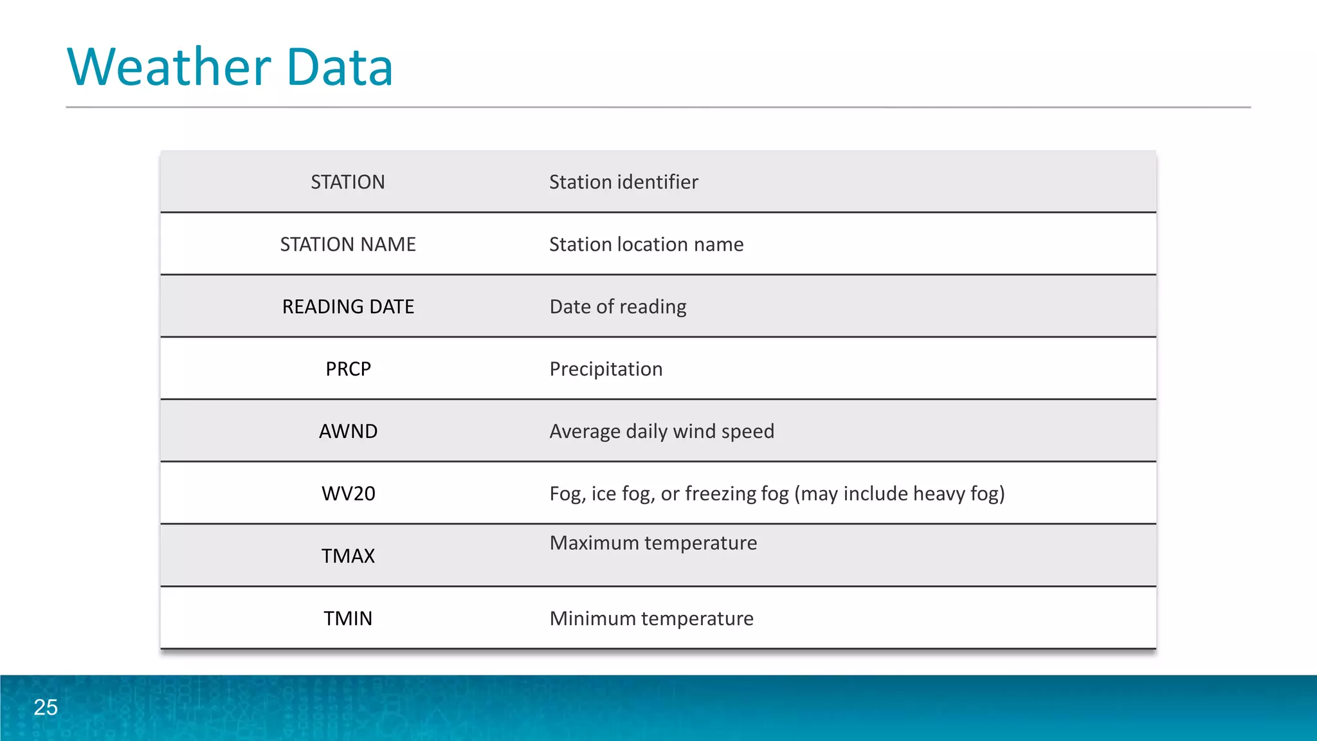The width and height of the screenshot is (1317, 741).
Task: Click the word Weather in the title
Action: click(x=169, y=67)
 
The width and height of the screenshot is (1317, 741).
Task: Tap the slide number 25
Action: click(x=46, y=707)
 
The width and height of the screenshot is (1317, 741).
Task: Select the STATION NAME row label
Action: click(x=348, y=244)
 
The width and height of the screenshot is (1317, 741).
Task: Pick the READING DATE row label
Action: click(x=348, y=307)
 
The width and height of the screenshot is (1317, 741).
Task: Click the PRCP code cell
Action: click(x=348, y=369)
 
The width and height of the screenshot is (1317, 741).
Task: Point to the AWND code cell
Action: click(x=348, y=431)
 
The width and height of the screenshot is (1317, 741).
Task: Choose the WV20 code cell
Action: click(x=348, y=493)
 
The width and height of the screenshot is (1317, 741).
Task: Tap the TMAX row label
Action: click(x=348, y=556)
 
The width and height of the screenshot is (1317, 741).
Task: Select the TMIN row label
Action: click(x=348, y=618)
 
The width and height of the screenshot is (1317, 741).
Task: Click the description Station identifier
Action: click(x=623, y=182)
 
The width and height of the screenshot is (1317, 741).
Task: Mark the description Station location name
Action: click(x=646, y=244)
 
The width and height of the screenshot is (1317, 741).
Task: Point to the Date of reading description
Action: click(x=617, y=307)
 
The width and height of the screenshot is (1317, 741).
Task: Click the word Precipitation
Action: click(x=606, y=369)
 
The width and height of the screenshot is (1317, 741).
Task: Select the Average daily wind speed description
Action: click(x=662, y=431)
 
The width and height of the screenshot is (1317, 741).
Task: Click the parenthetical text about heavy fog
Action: click(x=899, y=493)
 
